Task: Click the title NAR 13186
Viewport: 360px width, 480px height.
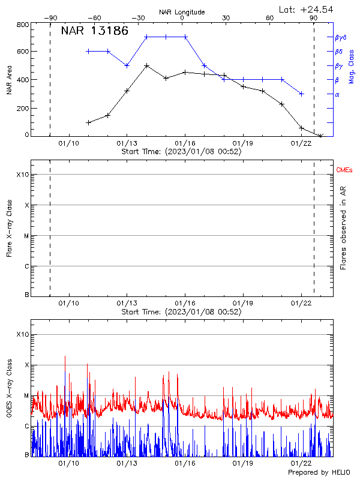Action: tap(95, 31)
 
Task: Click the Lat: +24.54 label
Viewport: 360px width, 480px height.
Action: tap(306, 9)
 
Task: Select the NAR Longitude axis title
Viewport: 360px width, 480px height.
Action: tap(182, 11)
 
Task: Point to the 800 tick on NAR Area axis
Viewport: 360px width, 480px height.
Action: tap(23, 25)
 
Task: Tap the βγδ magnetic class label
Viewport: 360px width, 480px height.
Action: tap(340, 37)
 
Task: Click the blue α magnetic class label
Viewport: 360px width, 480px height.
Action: tap(337, 94)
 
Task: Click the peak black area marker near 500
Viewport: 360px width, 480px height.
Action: tap(146, 65)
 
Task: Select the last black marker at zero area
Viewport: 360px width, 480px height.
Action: tap(320, 136)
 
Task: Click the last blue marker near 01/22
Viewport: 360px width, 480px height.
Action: tap(301, 94)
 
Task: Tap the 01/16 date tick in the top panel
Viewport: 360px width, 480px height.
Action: tap(185, 143)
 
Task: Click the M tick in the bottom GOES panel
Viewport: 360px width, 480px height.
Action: tap(26, 395)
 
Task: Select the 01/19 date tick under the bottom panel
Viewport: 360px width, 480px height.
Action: tap(243, 463)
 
